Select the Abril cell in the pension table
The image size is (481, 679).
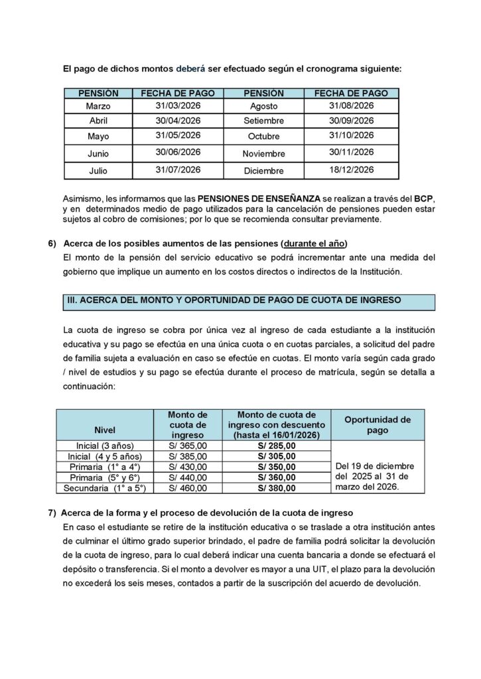coord(98,121)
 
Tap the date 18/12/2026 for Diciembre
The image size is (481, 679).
coord(352,170)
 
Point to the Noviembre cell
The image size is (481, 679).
coord(263,154)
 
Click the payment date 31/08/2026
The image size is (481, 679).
coord(352,105)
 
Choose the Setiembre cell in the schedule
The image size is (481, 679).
coord(263,121)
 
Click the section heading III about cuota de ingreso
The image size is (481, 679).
coord(235,300)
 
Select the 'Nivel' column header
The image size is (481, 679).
coord(105,428)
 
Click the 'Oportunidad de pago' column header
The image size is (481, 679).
coord(378,424)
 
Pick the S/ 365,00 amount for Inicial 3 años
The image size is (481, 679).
coord(188,446)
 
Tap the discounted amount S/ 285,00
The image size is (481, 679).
coord(277,446)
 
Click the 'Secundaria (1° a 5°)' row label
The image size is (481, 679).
coord(105,488)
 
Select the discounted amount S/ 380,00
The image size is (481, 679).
coord(277,488)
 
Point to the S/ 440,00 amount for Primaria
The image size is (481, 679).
coord(188,477)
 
